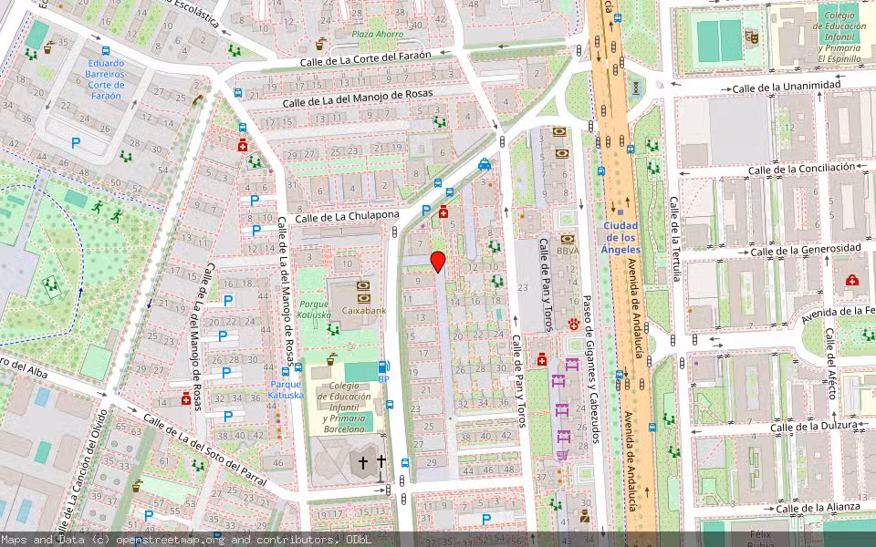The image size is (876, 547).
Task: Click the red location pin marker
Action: tap(438, 262)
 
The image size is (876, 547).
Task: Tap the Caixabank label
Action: tap(363, 310)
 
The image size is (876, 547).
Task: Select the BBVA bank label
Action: tap(568, 251)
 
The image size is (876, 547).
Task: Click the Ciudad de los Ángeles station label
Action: tap(620, 237)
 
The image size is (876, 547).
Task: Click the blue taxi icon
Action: tap(484, 165)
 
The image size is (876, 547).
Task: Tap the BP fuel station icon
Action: tap(383, 367)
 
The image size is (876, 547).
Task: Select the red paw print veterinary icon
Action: tap(574, 324)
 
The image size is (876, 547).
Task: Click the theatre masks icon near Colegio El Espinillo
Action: tap(752, 36)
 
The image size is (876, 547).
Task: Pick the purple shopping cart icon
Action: tap(562, 455)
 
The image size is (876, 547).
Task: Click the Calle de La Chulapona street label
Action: tap(347, 216)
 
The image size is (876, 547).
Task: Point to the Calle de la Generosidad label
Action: tap(805, 249)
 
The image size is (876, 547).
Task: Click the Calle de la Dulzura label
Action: tap(814, 426)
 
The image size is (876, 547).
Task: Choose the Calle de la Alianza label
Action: tap(818, 508)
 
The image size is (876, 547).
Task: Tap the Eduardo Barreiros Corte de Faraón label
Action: tap(106, 79)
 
